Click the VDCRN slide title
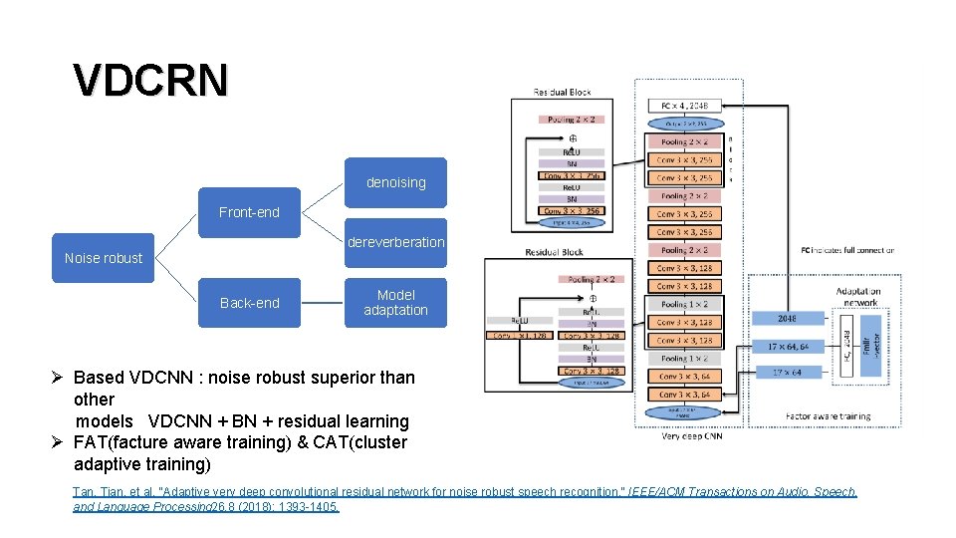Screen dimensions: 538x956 pyautogui.click(x=150, y=80)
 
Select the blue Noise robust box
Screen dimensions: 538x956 pyautogui.click(x=103, y=258)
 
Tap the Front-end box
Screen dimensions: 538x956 pyautogui.click(x=249, y=212)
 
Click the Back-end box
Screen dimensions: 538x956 pyautogui.click(x=249, y=303)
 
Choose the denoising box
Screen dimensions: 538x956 pyautogui.click(x=395, y=182)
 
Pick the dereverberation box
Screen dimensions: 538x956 pyautogui.click(x=395, y=242)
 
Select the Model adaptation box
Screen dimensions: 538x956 pyautogui.click(x=395, y=303)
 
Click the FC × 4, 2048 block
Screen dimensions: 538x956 pyautogui.click(x=685, y=106)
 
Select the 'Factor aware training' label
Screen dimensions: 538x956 pyautogui.click(x=828, y=415)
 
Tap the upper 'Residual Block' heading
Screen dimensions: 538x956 pyautogui.click(x=562, y=92)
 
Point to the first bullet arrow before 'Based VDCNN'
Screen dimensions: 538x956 pyautogui.click(x=60, y=379)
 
